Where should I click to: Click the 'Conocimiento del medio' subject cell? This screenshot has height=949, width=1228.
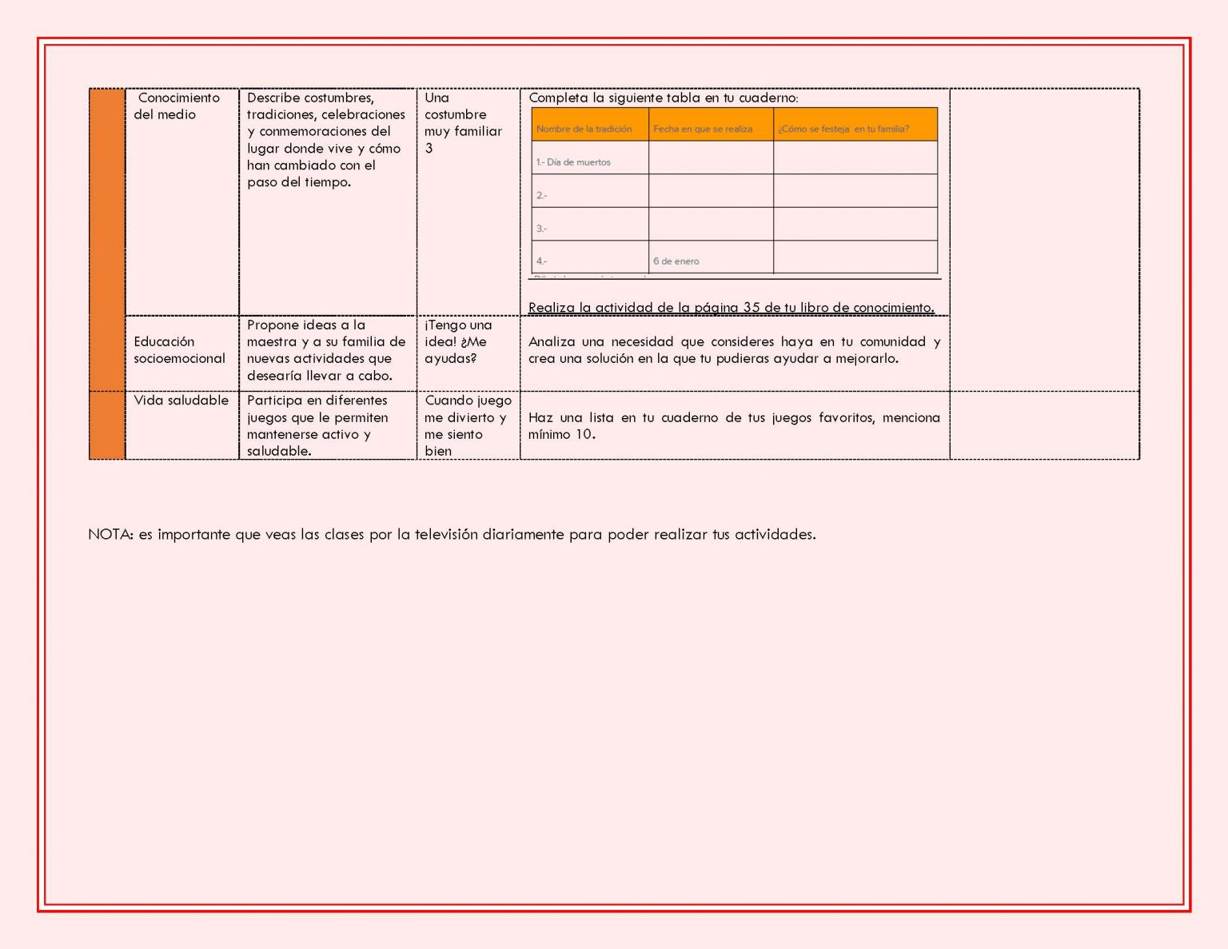click(x=177, y=106)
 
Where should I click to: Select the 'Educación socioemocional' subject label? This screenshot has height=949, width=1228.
click(x=179, y=350)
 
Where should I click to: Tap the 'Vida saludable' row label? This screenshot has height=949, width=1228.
click(x=181, y=401)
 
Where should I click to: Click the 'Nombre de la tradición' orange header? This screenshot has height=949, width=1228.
click(x=584, y=129)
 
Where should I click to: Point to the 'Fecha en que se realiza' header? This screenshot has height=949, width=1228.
click(x=702, y=129)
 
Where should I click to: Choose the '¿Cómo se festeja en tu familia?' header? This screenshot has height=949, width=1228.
click(x=843, y=129)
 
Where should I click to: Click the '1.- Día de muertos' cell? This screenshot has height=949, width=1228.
click(x=573, y=162)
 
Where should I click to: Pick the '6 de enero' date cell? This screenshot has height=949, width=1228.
click(x=676, y=261)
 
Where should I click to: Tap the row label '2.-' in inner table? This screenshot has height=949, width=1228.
click(x=541, y=196)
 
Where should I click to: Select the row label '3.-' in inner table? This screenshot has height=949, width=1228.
click(x=541, y=229)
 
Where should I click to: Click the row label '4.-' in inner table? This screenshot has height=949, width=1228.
click(x=541, y=261)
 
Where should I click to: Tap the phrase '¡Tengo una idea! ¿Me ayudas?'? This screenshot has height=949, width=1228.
click(x=458, y=342)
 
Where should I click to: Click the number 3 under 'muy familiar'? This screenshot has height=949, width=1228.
click(x=429, y=149)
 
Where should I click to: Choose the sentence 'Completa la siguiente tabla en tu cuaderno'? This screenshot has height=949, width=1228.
click(x=663, y=98)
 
